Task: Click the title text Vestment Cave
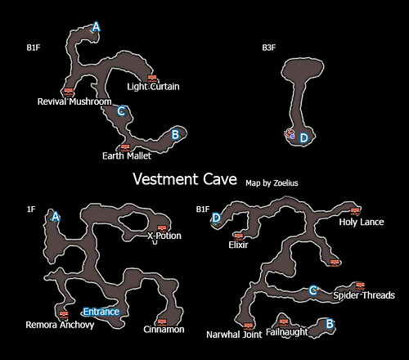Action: pos(185,179)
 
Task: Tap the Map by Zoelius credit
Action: pos(272,183)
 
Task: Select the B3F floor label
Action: pos(269,47)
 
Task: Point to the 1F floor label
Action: pos(31,209)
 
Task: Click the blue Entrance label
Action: pos(101,312)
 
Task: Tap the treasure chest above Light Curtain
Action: pos(152,79)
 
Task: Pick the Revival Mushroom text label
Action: pos(74,101)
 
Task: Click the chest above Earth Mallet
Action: pos(125,148)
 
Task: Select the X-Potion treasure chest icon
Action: pos(162,228)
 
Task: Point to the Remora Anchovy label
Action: pos(60,325)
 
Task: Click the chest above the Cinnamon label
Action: pos(162,322)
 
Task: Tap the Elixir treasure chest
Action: pos(239,236)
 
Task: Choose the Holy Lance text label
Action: pos(362,222)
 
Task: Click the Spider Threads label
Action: pos(364,295)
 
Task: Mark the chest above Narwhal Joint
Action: pos(248,326)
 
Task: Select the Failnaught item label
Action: pos(286,332)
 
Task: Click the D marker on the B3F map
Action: pos(303,138)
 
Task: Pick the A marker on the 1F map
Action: pos(56,217)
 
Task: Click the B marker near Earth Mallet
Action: pos(175,134)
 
